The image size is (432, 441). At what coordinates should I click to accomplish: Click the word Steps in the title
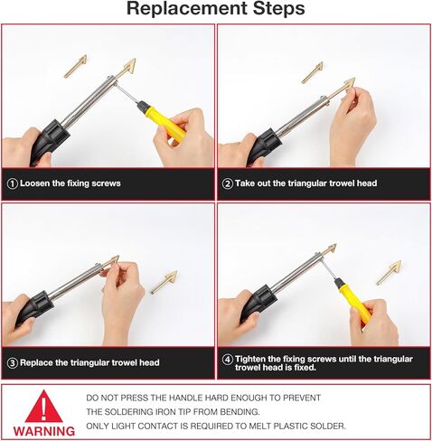[x=278, y=8]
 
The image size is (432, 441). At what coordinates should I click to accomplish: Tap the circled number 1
[x=13, y=183]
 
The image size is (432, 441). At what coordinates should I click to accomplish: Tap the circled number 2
[x=228, y=183]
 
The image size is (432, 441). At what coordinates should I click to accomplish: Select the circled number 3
[x=13, y=362]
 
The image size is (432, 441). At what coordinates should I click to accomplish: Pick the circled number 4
[x=228, y=360]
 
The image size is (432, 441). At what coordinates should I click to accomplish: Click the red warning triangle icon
[x=44, y=407]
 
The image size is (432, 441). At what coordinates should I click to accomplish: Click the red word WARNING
[x=44, y=431]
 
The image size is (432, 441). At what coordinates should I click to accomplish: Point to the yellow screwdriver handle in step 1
[x=164, y=120]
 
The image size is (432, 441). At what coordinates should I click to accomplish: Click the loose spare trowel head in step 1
[x=75, y=66]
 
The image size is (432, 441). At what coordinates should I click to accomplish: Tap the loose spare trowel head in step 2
[x=313, y=72]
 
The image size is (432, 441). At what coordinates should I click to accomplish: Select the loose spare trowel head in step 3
[x=164, y=282]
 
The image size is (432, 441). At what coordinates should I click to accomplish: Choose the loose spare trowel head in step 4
[x=389, y=273]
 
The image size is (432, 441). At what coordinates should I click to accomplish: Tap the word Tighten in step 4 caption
[x=250, y=360]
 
